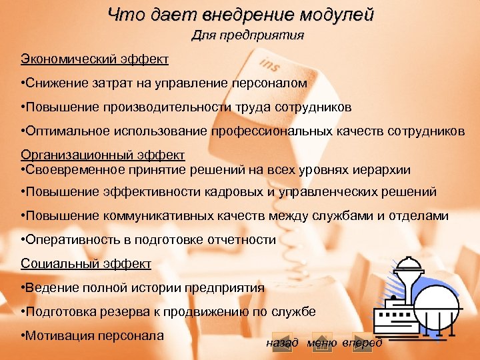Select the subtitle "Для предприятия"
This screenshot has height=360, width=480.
[x=248, y=35]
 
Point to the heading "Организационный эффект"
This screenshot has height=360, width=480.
[x=103, y=155]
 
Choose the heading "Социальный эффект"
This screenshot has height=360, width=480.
[x=86, y=263]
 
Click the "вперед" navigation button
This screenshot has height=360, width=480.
[x=362, y=343]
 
